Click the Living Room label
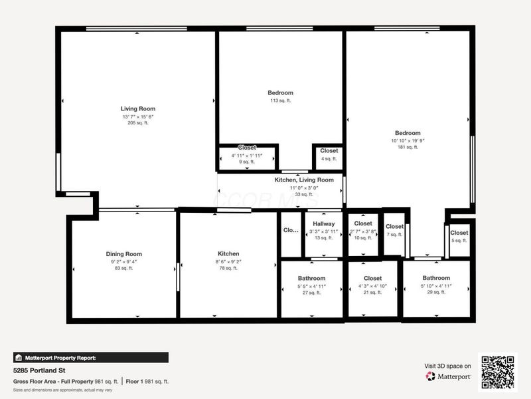click(x=138, y=108)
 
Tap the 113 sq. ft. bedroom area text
click(x=280, y=101)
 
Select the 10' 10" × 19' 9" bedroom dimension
click(x=408, y=140)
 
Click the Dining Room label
click(x=123, y=254)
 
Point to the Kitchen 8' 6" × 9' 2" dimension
click(x=228, y=261)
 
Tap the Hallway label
click(x=324, y=224)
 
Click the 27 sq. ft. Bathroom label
click(x=311, y=278)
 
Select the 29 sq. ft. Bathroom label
click(x=436, y=278)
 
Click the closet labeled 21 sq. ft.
click(x=372, y=278)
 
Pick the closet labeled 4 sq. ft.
click(x=329, y=151)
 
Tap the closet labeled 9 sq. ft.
click(x=247, y=148)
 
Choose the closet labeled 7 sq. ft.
click(x=394, y=227)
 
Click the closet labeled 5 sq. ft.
click(x=459, y=233)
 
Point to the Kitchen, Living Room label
click(x=304, y=180)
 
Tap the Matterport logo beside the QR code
click(x=449, y=376)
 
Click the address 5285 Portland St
click(x=38, y=370)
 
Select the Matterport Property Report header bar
click(x=90, y=357)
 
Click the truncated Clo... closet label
click(x=291, y=230)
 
